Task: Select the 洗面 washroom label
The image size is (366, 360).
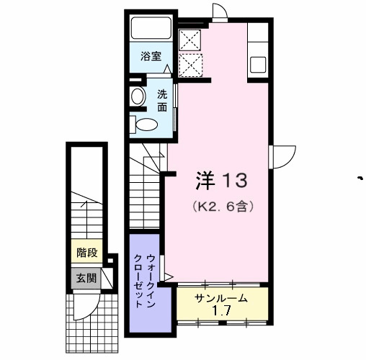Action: (x=163, y=99)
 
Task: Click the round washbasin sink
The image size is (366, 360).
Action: (x=137, y=96)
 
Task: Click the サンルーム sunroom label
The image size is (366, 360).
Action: (x=221, y=298)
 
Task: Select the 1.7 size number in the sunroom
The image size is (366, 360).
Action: (x=223, y=312)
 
